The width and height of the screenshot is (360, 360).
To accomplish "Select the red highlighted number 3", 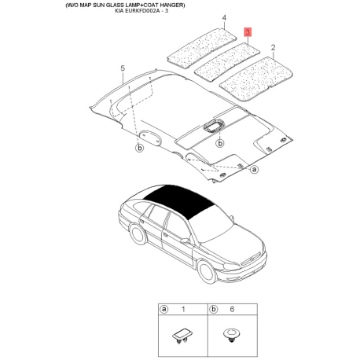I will pos(248,32).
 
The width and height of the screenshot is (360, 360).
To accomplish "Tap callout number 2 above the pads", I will pos(273,48).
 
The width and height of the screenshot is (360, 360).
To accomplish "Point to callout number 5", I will pos(123,69).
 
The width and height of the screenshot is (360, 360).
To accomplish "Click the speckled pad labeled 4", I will pos(200,45).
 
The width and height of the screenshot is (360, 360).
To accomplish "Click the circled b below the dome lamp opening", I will pos(221,143).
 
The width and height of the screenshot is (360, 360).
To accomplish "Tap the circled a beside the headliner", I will pos(255,168).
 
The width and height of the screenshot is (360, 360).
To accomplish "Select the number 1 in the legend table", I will pos(182,310).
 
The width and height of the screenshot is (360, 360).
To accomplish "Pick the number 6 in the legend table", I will pos(233,310).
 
